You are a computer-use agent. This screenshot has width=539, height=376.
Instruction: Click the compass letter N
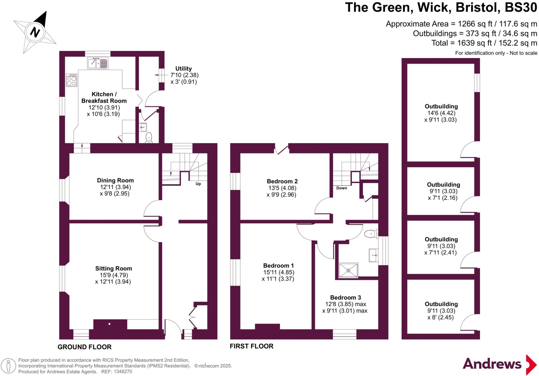[35, 32]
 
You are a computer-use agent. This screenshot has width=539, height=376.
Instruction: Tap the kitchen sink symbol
[98, 63]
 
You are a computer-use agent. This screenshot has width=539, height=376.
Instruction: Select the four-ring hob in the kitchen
[72, 80]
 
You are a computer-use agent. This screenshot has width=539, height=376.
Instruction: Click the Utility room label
[183, 69]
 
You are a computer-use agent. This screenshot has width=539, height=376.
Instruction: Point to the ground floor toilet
[149, 138]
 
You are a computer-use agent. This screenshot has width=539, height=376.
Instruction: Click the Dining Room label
[115, 180]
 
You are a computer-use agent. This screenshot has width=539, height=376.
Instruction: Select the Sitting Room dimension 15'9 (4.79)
[114, 275]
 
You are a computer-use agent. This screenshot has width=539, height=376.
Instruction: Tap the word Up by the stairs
[198, 184]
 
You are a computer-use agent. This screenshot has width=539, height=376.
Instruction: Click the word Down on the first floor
[342, 188]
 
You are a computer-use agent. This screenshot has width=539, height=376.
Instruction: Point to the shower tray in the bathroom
[348, 270]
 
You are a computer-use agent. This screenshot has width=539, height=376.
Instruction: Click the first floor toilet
[371, 233]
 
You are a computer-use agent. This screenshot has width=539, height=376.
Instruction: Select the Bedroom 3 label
[345, 297]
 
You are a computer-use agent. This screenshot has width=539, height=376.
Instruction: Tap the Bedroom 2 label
[282, 181]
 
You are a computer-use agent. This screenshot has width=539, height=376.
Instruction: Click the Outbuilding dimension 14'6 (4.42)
[441, 113]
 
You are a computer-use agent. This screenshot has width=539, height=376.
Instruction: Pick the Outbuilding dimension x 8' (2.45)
[441, 317]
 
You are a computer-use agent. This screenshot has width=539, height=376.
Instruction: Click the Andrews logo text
[492, 364]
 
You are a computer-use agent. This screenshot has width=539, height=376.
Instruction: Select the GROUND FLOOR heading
[84, 347]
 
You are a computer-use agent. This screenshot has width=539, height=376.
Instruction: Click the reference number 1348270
[122, 372]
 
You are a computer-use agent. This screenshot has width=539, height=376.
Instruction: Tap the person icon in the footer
[8, 366]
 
